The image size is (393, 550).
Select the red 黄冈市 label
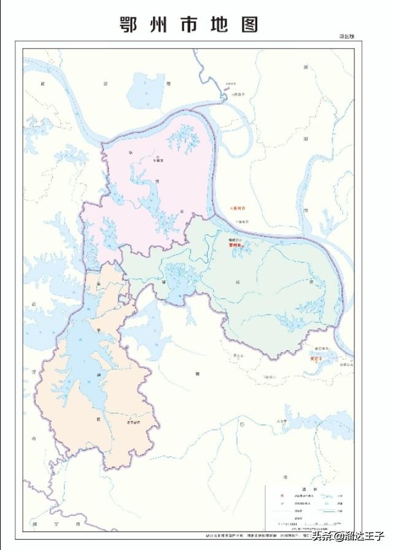[x=236, y=208]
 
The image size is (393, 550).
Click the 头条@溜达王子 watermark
[x=347, y=538]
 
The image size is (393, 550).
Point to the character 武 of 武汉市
[x=43, y=83]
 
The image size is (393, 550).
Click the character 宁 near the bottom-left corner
[x=53, y=525]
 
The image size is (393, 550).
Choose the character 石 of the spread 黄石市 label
[x=243, y=424]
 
